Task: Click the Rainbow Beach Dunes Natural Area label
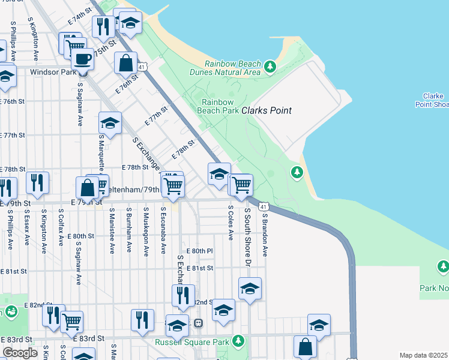point(232,68)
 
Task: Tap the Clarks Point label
point(267,110)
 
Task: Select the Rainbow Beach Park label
point(217,106)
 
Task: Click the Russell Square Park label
point(193,343)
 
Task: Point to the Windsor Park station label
point(53,72)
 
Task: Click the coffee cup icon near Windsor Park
point(82,59)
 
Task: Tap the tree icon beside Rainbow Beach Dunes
point(270,65)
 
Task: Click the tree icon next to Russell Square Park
point(238,341)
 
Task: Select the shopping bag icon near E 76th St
point(126,62)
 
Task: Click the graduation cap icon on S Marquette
point(110,123)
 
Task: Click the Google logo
point(20,353)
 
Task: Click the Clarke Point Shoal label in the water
point(432,100)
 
